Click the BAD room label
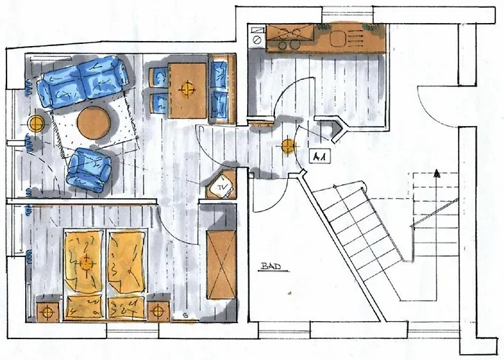click(271, 267)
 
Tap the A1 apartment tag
click(320, 157)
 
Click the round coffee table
click(94, 123)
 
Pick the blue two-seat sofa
click(82, 81)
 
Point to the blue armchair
click(89, 170)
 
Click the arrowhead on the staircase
click(436, 174)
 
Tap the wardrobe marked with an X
click(221, 265)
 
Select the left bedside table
click(48, 311)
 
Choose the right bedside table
click(158, 310)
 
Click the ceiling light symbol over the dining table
click(186, 89)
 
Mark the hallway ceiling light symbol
click(288, 147)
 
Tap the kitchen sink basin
click(338, 39)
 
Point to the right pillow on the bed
click(126, 308)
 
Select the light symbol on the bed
click(86, 264)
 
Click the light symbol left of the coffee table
click(36, 124)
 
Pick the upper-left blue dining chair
click(158, 78)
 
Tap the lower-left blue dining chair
click(159, 103)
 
